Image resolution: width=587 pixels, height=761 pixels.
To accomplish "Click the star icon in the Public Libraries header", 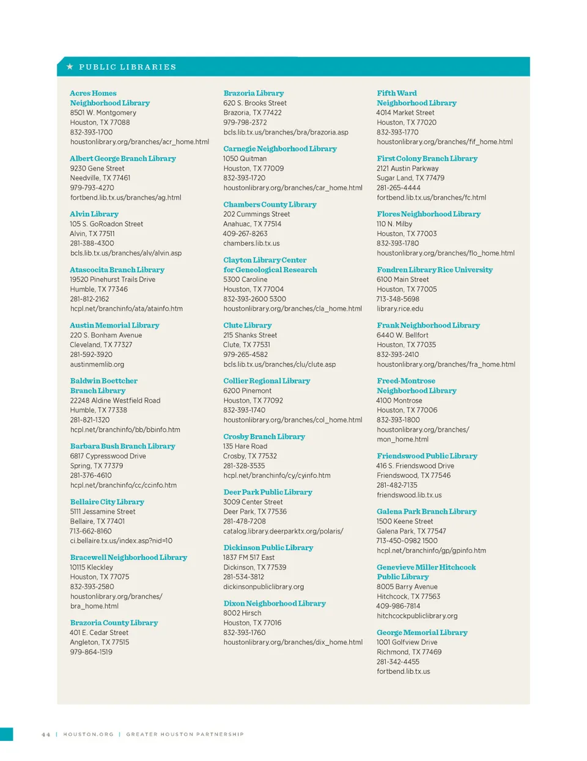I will (x=70, y=67).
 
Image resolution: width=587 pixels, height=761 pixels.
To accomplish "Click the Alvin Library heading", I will (x=94, y=214).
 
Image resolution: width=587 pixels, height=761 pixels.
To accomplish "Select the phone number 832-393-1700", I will (x=91, y=132).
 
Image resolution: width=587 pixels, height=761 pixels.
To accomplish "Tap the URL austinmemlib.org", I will (x=97, y=364).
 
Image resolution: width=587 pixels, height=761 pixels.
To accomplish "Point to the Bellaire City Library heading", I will (x=107, y=502).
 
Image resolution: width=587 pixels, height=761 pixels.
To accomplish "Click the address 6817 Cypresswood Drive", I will (x=108, y=456).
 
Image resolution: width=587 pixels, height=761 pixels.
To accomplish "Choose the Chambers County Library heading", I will (x=270, y=204).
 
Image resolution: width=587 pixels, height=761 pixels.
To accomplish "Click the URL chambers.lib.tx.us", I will (x=251, y=243).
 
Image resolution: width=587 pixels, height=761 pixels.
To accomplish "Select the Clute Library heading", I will (x=247, y=325).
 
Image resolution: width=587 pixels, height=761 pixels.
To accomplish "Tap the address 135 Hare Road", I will (x=245, y=446).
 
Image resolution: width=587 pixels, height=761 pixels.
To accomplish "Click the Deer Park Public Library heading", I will (x=268, y=492).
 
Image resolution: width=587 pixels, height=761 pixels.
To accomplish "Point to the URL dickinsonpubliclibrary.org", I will (x=264, y=587).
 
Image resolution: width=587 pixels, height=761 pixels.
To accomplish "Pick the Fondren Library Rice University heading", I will (x=434, y=270).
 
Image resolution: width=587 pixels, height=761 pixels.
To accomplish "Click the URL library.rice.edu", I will (x=400, y=309).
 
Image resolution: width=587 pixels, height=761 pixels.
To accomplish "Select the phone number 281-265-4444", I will (x=398, y=188).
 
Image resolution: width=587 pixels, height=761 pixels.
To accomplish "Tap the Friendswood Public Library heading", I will (x=427, y=456).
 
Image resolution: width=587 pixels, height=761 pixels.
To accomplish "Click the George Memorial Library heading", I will (x=422, y=633).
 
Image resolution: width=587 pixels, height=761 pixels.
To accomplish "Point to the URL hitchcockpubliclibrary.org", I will (x=417, y=616).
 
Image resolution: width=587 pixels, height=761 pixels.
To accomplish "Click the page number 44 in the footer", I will (x=46, y=735).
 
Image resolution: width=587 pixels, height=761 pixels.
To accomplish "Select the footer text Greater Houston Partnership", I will (x=185, y=735).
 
